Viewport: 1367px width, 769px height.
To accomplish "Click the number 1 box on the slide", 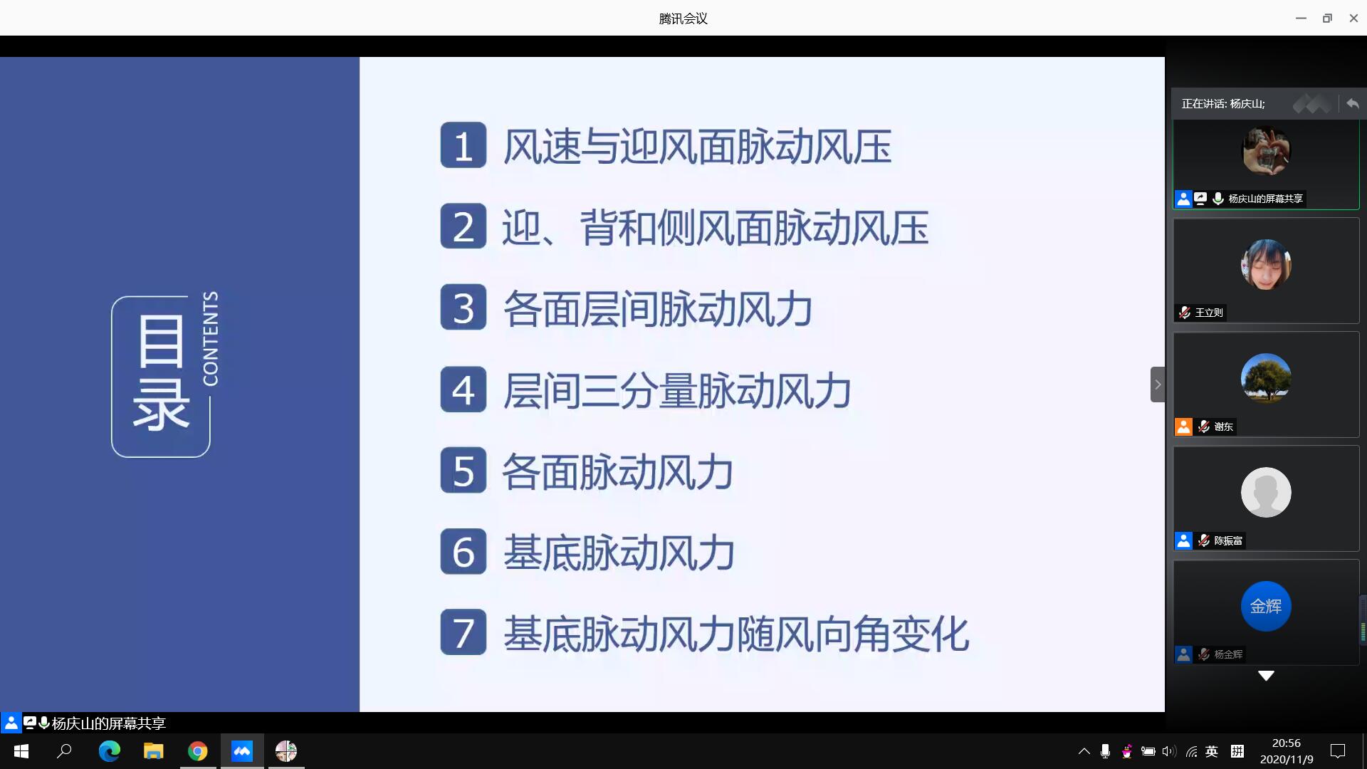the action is [x=463, y=145].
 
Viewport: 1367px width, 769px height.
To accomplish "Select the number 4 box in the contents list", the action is [x=463, y=389].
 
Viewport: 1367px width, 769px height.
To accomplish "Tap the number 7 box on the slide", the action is [x=463, y=632].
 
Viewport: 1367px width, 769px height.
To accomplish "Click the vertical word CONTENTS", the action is [x=211, y=338].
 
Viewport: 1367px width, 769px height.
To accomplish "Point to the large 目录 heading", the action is [x=162, y=373].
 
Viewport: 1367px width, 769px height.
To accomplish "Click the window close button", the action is [x=1353, y=19].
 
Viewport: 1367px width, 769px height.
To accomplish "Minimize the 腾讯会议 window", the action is [x=1301, y=19].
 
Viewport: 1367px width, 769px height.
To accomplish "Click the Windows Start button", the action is [x=21, y=751].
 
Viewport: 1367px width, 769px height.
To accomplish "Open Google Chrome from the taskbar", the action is [x=198, y=751].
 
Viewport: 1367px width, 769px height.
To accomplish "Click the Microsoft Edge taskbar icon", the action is [x=110, y=751].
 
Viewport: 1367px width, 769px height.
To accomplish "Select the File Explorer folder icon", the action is [x=154, y=751].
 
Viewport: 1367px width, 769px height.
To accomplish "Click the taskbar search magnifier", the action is [x=65, y=750].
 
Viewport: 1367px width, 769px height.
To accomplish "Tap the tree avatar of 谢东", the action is [x=1266, y=378].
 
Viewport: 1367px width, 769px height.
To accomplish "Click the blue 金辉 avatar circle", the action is [x=1266, y=606].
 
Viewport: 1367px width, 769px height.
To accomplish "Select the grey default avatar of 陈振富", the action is [x=1266, y=492].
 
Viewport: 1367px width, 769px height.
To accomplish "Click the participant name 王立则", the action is [x=1209, y=313].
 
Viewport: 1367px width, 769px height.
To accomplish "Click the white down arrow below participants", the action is [x=1266, y=676].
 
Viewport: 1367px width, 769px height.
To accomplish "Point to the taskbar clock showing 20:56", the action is [x=1287, y=743].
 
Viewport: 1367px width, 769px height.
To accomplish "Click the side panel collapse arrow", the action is [x=1158, y=384].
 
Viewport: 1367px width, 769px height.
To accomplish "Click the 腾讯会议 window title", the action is [x=683, y=19].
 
